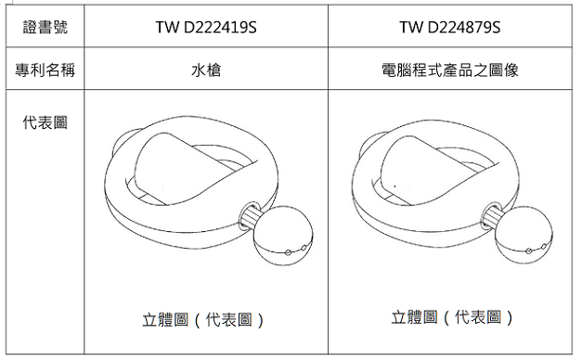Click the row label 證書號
(x=45, y=27)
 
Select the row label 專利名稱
(x=45, y=70)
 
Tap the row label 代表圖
(x=45, y=122)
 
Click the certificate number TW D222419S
(x=206, y=27)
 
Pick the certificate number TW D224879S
(x=450, y=27)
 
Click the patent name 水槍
(x=206, y=70)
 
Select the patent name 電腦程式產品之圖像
(x=450, y=70)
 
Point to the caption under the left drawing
(x=203, y=319)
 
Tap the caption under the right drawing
(x=452, y=317)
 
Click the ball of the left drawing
(x=283, y=236)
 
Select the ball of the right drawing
(x=523, y=235)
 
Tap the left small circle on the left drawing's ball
(x=288, y=252)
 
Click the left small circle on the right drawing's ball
(x=528, y=251)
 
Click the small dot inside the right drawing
(x=394, y=186)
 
